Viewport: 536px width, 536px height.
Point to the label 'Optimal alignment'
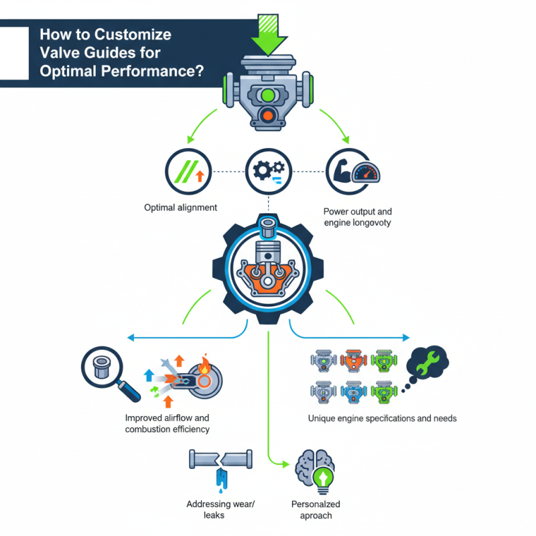(x=180, y=208)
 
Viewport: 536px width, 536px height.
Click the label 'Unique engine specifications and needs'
(x=382, y=418)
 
